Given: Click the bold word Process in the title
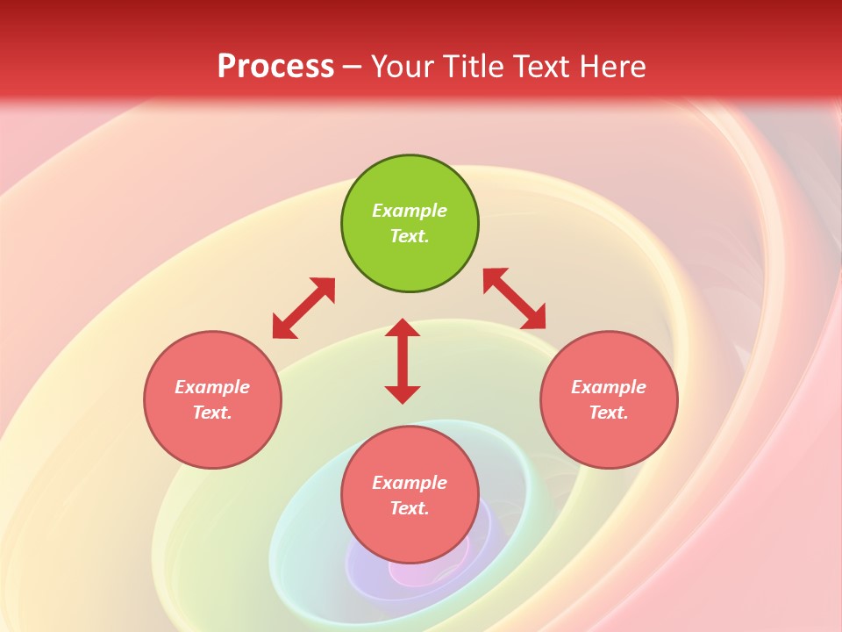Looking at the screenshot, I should [x=275, y=67].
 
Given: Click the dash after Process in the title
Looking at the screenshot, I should [x=352, y=68].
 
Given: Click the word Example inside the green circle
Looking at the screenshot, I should [x=410, y=211].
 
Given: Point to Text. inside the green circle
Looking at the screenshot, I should [x=410, y=236].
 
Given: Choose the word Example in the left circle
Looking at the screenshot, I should [x=212, y=387].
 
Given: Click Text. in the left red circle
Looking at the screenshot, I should [x=212, y=413].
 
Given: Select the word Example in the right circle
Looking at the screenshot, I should [x=609, y=387].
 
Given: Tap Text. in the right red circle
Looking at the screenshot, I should [x=609, y=413].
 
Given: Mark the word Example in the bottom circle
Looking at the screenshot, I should [x=410, y=483].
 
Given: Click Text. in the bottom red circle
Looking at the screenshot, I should [x=410, y=508].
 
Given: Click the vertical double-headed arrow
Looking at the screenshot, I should [x=403, y=361].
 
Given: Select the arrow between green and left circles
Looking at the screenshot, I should [x=303, y=308].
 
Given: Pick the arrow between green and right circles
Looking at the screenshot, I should [x=514, y=298].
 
